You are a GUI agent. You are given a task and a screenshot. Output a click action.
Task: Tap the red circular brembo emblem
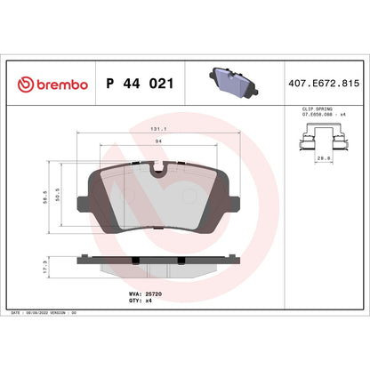click(24, 83)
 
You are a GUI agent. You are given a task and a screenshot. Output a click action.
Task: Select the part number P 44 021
click(139, 83)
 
